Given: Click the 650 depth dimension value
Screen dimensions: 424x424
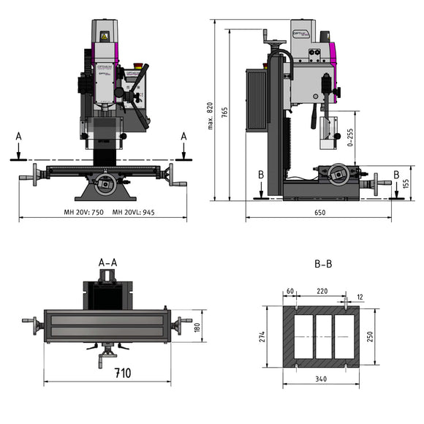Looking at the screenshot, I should [x=319, y=212].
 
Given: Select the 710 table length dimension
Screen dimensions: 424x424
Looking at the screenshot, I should [x=122, y=374].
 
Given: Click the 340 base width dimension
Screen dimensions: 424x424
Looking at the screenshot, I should [x=322, y=379].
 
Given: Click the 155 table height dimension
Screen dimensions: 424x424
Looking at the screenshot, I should [x=406, y=183].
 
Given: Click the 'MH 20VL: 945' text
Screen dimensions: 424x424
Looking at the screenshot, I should [x=134, y=212].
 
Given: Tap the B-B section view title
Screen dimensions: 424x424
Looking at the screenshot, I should [x=322, y=264].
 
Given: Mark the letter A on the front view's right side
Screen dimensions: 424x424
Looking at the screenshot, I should [x=183, y=136].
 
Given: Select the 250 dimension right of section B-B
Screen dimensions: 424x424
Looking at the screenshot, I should [x=371, y=336].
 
